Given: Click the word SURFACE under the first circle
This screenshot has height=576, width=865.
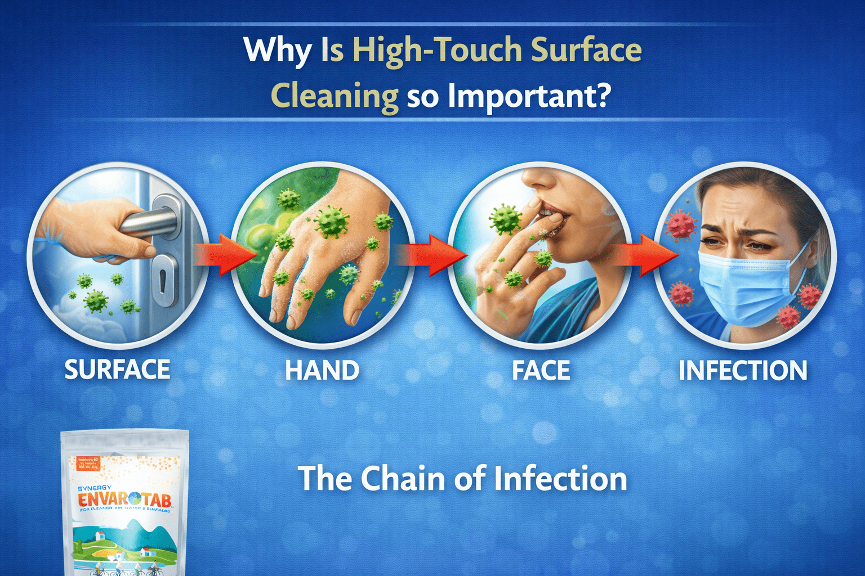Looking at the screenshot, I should pos(117,370).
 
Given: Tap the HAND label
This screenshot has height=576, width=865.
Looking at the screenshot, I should pos(322,371).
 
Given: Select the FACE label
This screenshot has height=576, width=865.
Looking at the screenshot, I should pos(541,371).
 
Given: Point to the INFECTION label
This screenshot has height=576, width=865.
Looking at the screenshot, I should pos(743,371).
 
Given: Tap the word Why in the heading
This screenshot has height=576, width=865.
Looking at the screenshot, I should pos(277,51).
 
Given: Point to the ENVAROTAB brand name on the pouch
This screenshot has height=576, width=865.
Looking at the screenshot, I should pos(124,499).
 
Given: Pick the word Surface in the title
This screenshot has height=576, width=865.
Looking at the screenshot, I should pos(586,51).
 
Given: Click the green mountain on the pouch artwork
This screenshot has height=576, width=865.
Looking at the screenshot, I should pos(135,532).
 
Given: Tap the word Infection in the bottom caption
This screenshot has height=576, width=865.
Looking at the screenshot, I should pos(560,479).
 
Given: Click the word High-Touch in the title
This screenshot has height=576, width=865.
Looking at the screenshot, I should pos(437,51).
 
